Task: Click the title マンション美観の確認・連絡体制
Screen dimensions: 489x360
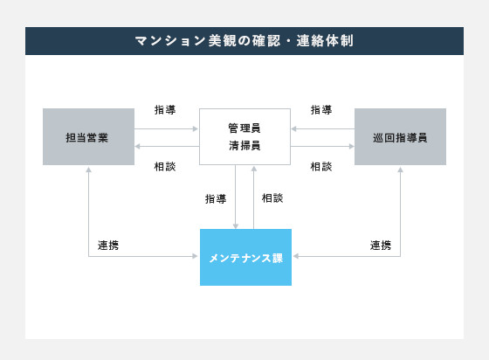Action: [x=244, y=41]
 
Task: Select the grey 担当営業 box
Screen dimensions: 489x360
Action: [x=88, y=136]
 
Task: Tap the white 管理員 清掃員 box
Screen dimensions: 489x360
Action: [x=244, y=136]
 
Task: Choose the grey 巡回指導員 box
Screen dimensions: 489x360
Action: [x=400, y=136]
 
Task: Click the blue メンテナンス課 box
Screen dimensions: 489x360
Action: [x=245, y=258]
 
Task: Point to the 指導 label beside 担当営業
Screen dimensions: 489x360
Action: [x=165, y=110]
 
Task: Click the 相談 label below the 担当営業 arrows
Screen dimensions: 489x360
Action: [x=165, y=167]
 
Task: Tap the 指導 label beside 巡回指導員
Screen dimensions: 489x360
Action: [x=321, y=110]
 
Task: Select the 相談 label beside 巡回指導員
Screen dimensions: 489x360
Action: [x=321, y=167]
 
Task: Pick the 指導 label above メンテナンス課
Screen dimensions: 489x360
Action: [x=216, y=198]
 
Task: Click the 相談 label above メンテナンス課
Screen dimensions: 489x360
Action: [x=272, y=198]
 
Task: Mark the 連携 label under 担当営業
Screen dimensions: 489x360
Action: [x=108, y=246]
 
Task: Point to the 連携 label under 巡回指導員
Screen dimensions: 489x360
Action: [x=381, y=246]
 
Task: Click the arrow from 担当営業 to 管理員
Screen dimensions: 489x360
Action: [x=167, y=128]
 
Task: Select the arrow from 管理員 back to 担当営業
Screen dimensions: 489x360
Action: [x=167, y=146]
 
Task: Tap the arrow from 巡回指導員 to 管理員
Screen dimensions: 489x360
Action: [x=323, y=128]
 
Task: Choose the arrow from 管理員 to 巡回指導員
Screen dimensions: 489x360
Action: [x=322, y=146]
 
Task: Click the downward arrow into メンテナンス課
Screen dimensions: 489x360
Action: [x=236, y=197]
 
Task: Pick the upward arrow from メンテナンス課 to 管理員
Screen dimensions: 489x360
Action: [x=254, y=197]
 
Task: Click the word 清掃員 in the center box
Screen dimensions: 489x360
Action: [x=244, y=146]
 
